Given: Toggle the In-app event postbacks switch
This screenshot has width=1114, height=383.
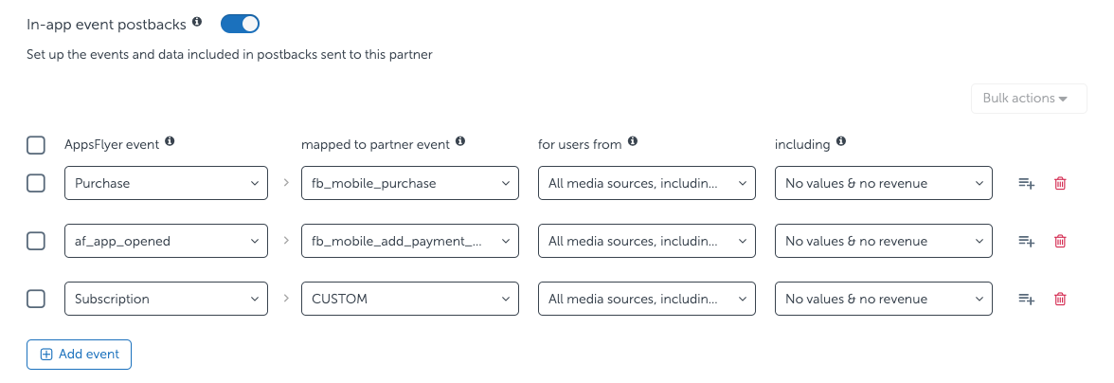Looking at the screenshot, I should click(x=240, y=24).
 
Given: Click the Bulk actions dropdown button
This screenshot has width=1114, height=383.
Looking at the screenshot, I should click(x=1028, y=99).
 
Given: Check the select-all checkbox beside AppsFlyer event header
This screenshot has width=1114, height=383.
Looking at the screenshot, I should click(x=36, y=145).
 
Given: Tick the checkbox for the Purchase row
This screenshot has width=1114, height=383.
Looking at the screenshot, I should click(x=36, y=184).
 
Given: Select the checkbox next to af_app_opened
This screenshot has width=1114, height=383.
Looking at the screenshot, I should click(x=36, y=242).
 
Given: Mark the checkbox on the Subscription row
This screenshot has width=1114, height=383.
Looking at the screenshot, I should click(x=36, y=299).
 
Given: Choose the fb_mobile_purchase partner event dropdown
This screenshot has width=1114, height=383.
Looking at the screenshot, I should click(x=409, y=184).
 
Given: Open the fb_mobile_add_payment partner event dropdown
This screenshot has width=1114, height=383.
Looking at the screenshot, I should click(x=409, y=242).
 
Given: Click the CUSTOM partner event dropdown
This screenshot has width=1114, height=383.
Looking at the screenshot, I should click(x=409, y=299).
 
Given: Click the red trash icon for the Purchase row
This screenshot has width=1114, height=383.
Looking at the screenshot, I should click(x=1060, y=184).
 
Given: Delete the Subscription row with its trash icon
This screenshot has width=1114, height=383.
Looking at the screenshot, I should click(x=1060, y=299).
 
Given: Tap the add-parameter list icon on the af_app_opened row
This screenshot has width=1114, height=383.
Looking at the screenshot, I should click(x=1026, y=242).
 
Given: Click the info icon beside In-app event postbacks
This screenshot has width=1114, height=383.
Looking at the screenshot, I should click(x=197, y=22).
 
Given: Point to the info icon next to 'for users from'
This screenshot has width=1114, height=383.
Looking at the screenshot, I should click(x=633, y=142).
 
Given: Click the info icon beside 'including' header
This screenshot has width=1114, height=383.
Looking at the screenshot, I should click(x=841, y=142).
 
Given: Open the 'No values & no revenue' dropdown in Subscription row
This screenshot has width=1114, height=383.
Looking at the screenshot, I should click(x=883, y=299).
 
